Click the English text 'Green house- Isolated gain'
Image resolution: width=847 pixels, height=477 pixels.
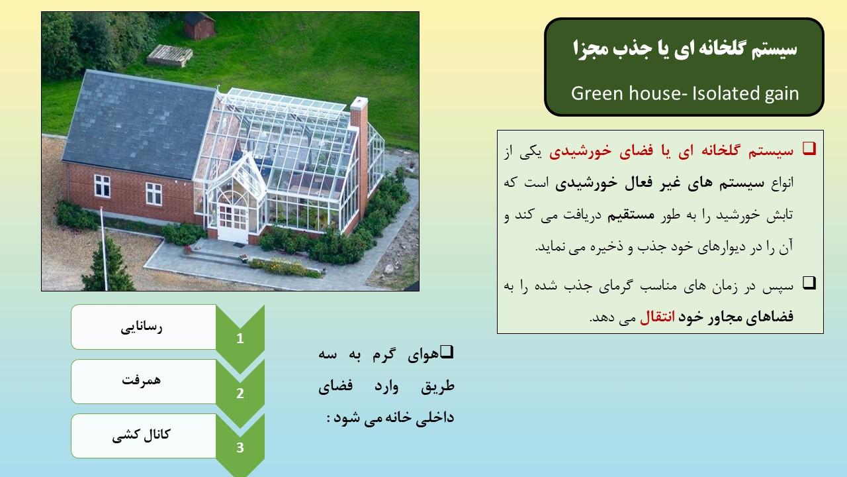[x=685, y=93]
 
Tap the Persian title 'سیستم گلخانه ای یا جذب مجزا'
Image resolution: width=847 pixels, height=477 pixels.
[x=685, y=49]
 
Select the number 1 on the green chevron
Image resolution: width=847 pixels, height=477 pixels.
[x=240, y=339]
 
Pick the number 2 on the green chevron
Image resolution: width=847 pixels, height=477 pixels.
[x=240, y=394]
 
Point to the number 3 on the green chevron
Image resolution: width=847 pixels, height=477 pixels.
[x=240, y=448]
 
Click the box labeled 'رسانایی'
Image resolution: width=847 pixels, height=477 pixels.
[x=144, y=327]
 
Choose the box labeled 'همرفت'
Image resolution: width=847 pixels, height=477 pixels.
[x=144, y=381]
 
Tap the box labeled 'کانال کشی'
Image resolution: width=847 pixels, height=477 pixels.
[x=144, y=436]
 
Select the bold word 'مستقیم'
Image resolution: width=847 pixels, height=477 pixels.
[x=631, y=215]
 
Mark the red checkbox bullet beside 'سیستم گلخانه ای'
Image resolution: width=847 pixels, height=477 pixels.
[x=809, y=148]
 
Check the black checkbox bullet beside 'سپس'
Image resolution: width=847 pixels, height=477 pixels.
[x=809, y=283]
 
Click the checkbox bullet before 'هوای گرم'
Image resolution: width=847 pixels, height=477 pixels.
[x=447, y=352]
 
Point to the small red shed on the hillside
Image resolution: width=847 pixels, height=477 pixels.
[x=199, y=26]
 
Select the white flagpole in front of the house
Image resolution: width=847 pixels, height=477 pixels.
[x=104, y=248]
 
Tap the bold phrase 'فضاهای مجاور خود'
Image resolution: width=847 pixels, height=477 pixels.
[x=736, y=317]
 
